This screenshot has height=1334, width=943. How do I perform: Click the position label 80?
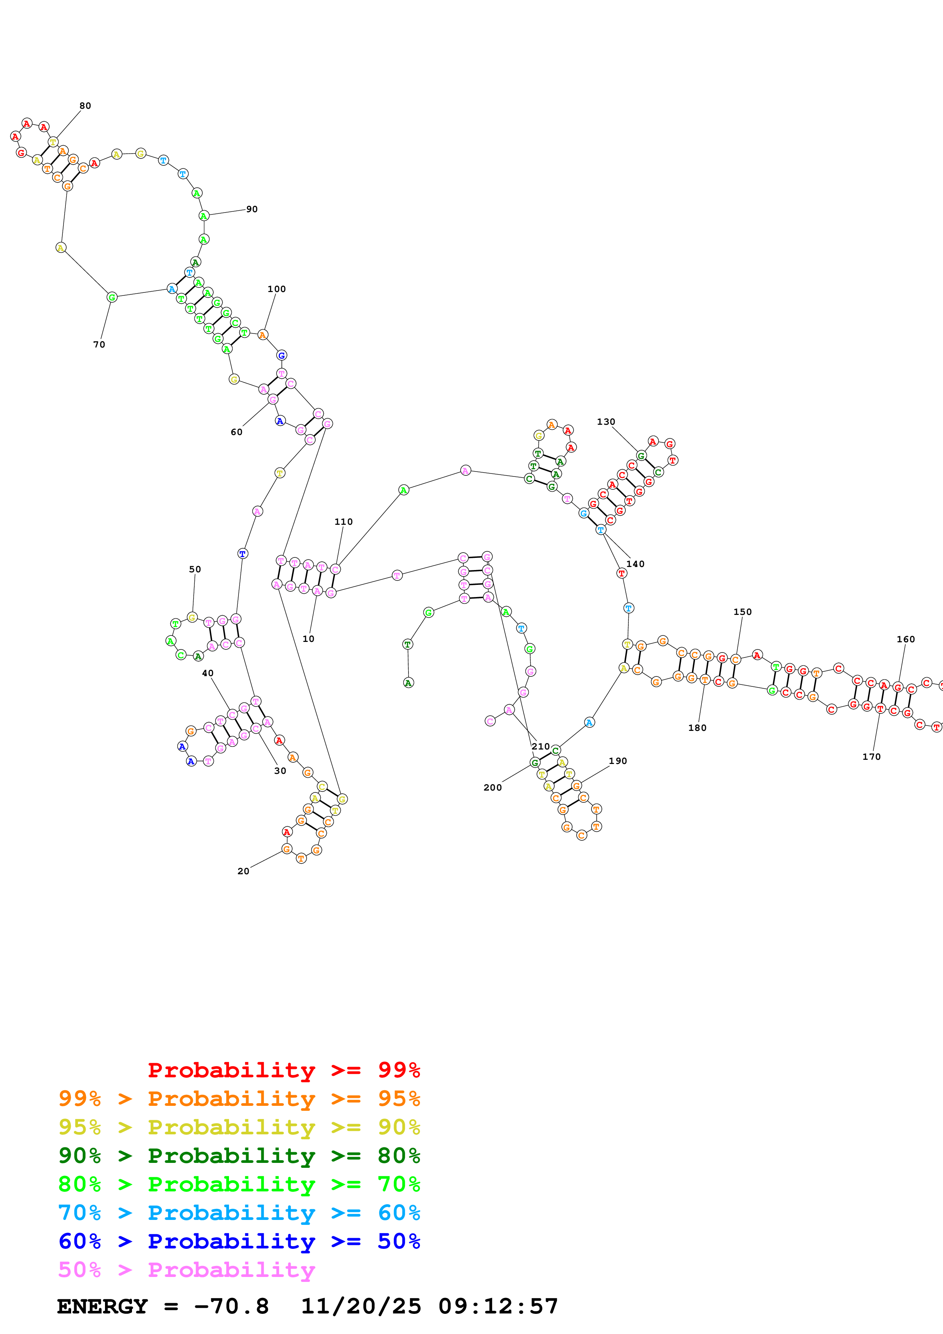[85, 106]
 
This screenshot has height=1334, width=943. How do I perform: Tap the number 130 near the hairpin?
[606, 422]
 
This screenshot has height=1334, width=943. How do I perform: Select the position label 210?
[540, 746]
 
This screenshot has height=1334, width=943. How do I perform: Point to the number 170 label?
[871, 756]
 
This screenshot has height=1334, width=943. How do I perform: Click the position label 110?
[343, 522]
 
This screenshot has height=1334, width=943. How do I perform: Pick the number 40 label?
[207, 673]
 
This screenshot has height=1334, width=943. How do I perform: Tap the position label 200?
[492, 787]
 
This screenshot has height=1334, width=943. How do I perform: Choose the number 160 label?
[905, 639]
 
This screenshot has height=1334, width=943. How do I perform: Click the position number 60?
[237, 432]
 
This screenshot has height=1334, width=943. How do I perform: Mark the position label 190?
[618, 761]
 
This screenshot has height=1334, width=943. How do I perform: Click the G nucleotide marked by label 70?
[112, 297]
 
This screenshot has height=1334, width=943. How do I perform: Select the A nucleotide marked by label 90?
[204, 216]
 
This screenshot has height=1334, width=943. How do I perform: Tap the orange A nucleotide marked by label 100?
[262, 335]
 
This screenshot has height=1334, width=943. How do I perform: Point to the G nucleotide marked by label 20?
[286, 849]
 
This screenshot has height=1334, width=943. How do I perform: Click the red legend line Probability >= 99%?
[283, 1070]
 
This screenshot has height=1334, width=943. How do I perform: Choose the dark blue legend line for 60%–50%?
[239, 1241]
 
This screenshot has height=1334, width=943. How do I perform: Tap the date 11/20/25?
[360, 1306]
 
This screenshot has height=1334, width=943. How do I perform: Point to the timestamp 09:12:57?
[498, 1306]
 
